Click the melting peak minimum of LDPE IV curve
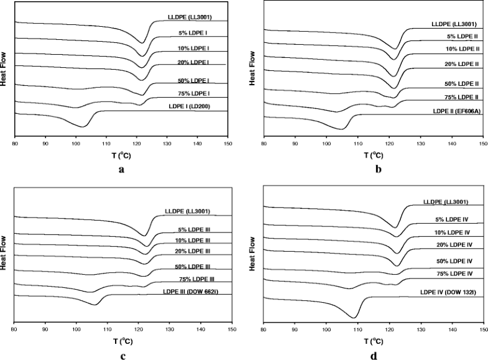pyautogui.click(x=354, y=317)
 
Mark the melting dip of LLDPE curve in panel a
pyautogui.click(x=144, y=43)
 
